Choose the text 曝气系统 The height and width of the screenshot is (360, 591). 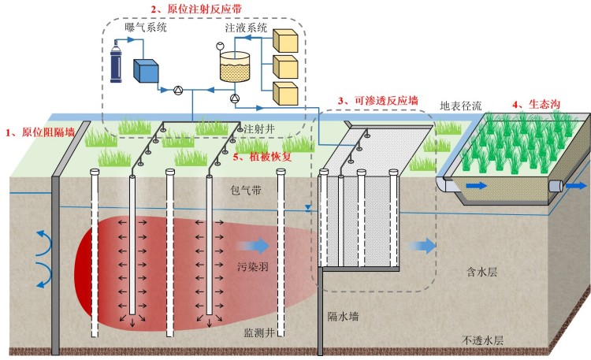(x=147, y=28)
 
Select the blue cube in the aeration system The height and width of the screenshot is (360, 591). (x=146, y=71)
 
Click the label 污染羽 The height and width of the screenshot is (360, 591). (x=253, y=267)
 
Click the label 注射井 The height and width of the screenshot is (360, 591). (x=258, y=128)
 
